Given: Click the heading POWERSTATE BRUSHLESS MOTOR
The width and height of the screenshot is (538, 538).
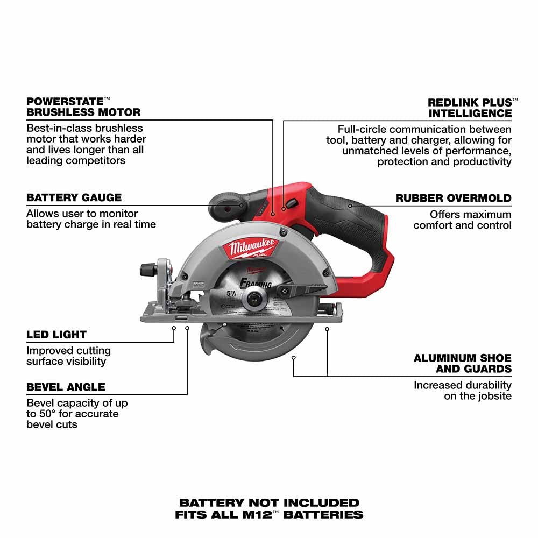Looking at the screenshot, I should click(83, 107).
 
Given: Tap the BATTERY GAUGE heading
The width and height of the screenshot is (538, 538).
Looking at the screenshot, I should click(74, 197).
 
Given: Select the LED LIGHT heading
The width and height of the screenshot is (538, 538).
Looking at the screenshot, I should click(56, 335).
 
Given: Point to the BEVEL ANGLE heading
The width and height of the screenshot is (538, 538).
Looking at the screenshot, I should click(66, 387).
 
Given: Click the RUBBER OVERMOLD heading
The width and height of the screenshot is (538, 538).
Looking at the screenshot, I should click(453, 198).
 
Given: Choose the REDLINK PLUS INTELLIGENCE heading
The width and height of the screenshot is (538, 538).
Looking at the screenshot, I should click(470, 108).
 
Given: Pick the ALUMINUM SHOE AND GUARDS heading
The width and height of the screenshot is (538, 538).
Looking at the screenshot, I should click(462, 363).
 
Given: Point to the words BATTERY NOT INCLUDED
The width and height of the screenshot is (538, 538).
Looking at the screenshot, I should click(269, 503).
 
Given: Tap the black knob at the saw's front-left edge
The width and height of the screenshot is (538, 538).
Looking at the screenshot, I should click(146, 268).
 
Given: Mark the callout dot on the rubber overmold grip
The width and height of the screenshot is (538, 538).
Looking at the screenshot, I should click(350, 205).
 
